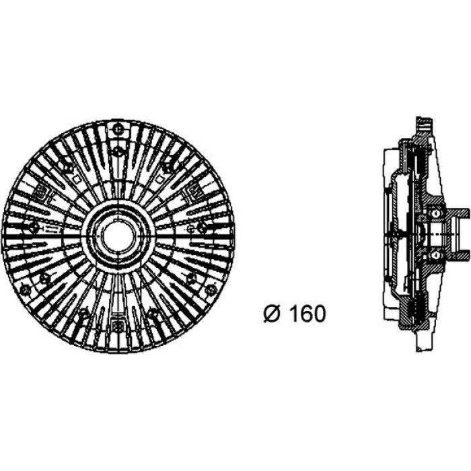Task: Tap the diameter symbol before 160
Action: tap(273, 314)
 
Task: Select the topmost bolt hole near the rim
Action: tap(118, 130)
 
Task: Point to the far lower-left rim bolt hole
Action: tap(25, 289)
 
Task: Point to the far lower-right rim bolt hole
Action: tap(211, 289)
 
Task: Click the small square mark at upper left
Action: tap(77, 179)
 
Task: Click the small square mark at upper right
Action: tap(159, 179)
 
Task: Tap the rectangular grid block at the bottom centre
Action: tap(118, 326)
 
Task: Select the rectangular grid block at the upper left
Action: tap(42, 192)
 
